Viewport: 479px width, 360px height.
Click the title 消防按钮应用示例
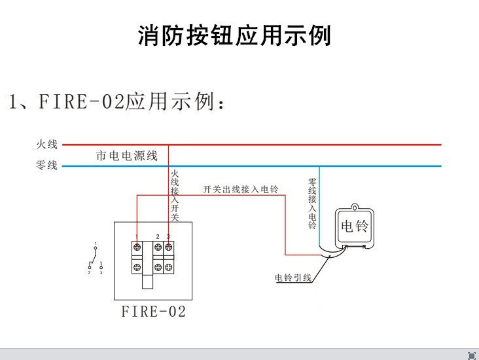coord(234,35)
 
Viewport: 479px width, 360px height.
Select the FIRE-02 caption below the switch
coord(154,312)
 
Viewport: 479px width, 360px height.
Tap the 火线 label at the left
coord(46,144)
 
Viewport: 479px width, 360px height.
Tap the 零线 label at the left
coord(46,166)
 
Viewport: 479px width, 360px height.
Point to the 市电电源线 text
coord(127,156)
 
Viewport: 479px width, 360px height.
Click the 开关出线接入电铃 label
coord(240,190)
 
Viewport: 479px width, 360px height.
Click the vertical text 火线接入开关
coord(174,194)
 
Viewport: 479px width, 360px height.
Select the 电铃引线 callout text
coord(293,278)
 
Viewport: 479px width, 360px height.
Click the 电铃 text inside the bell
coord(355,226)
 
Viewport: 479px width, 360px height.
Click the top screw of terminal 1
coord(137,247)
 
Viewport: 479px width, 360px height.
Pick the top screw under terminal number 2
coord(158,247)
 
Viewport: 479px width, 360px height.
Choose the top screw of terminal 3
coord(168,247)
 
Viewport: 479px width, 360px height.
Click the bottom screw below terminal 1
coord(137,267)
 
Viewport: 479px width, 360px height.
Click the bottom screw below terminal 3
coord(168,267)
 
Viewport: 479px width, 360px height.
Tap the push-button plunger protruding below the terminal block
coord(148,281)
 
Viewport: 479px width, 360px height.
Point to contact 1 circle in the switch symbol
coord(95,249)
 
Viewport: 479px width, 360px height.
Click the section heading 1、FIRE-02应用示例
coord(118,101)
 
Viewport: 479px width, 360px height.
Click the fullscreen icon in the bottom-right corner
coord(471,355)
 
